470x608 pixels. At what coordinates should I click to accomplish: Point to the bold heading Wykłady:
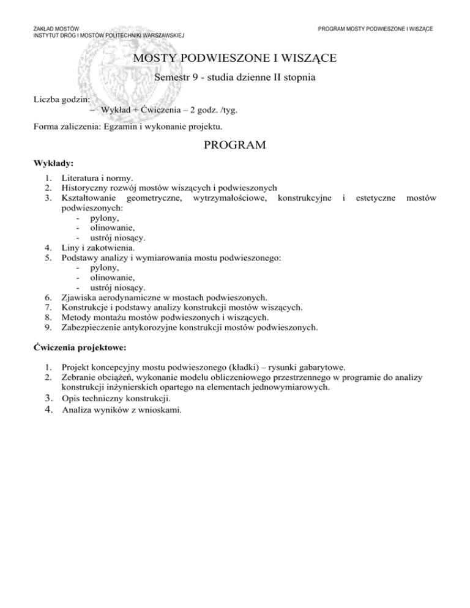point(53,163)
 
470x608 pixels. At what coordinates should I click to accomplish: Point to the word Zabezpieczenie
point(92,327)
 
